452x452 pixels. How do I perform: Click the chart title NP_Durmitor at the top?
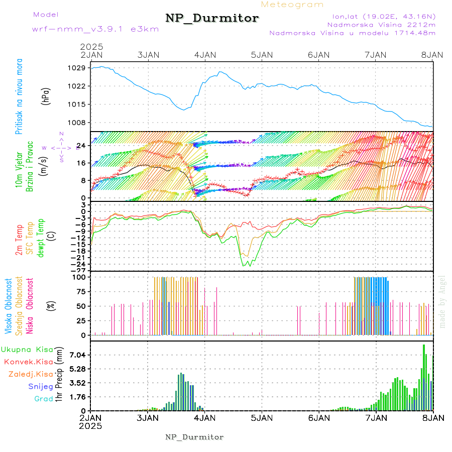point(212,19)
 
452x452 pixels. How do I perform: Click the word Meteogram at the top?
point(292,5)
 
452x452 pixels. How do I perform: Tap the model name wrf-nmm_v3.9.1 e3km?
point(95,29)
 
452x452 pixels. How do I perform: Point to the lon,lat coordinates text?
point(381,16)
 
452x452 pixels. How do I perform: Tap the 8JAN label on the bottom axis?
point(432,417)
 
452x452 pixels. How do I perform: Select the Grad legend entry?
point(44,399)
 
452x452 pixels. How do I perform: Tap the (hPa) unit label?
point(46,96)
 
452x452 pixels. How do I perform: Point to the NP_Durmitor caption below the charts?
point(194,437)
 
